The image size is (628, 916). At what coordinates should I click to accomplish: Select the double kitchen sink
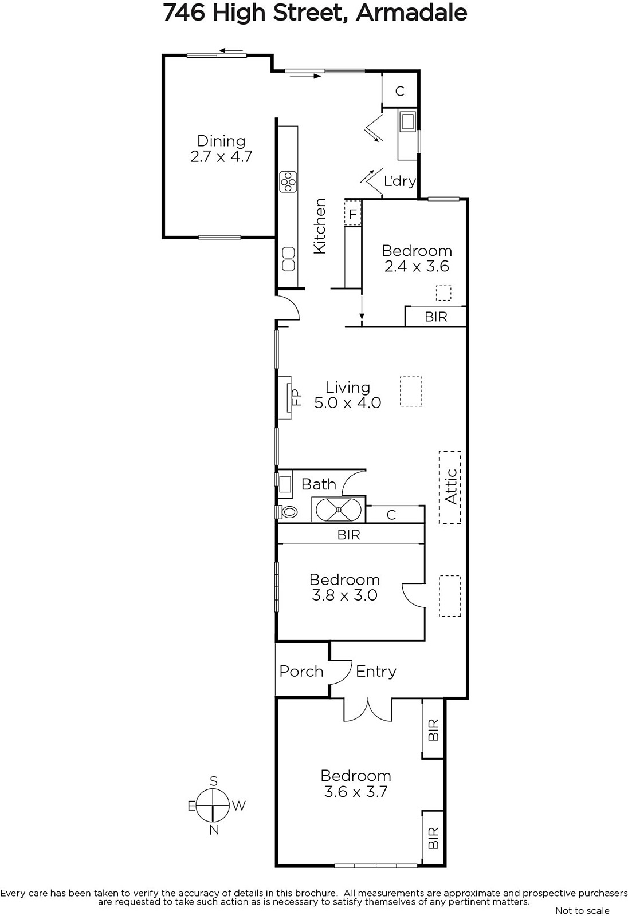coord(288,259)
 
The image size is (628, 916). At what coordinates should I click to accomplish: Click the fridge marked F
coord(352,214)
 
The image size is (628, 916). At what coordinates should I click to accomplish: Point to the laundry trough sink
coord(408,121)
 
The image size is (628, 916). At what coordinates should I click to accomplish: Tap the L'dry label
coord(399,180)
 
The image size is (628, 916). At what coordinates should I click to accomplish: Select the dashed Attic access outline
coord(450,487)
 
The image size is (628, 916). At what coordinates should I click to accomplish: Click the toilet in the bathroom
coord(287,512)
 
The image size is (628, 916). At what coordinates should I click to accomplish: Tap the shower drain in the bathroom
coord(339,510)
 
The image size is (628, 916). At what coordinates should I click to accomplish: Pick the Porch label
coord(301,672)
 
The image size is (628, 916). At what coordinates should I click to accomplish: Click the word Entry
coord(376,672)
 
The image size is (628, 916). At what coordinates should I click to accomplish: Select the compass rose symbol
coord(213,805)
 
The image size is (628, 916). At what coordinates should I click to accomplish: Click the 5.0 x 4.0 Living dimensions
coord(348,403)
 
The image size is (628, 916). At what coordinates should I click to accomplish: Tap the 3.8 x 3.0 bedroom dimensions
coord(344,595)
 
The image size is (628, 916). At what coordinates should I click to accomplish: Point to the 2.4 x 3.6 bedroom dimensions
coord(417,266)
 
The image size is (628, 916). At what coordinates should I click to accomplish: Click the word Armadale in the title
coord(411,13)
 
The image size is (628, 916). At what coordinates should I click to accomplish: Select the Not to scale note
coord(582,911)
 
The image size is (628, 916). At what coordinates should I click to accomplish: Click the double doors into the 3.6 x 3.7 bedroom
coord(368,710)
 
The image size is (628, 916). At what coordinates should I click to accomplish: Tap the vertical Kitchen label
coord(319,226)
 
